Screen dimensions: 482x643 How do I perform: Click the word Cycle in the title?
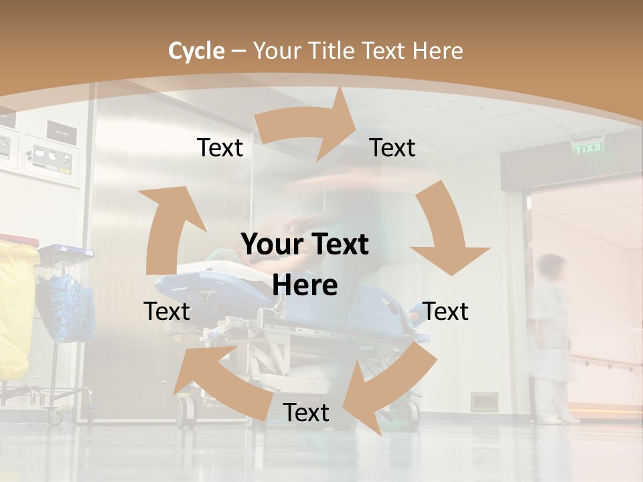(196, 51)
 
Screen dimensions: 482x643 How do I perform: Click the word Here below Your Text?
(305, 286)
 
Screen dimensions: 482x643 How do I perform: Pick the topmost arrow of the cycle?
(308, 127)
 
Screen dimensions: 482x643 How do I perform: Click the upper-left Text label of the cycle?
(220, 148)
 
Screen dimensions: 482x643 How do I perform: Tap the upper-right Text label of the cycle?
(392, 148)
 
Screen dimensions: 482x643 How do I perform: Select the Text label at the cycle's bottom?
(306, 413)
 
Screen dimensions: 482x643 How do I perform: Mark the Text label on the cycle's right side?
(446, 311)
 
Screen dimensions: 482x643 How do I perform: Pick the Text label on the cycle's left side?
(167, 311)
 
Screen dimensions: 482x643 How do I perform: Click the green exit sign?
(589, 148)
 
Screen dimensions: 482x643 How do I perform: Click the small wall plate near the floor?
(484, 402)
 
